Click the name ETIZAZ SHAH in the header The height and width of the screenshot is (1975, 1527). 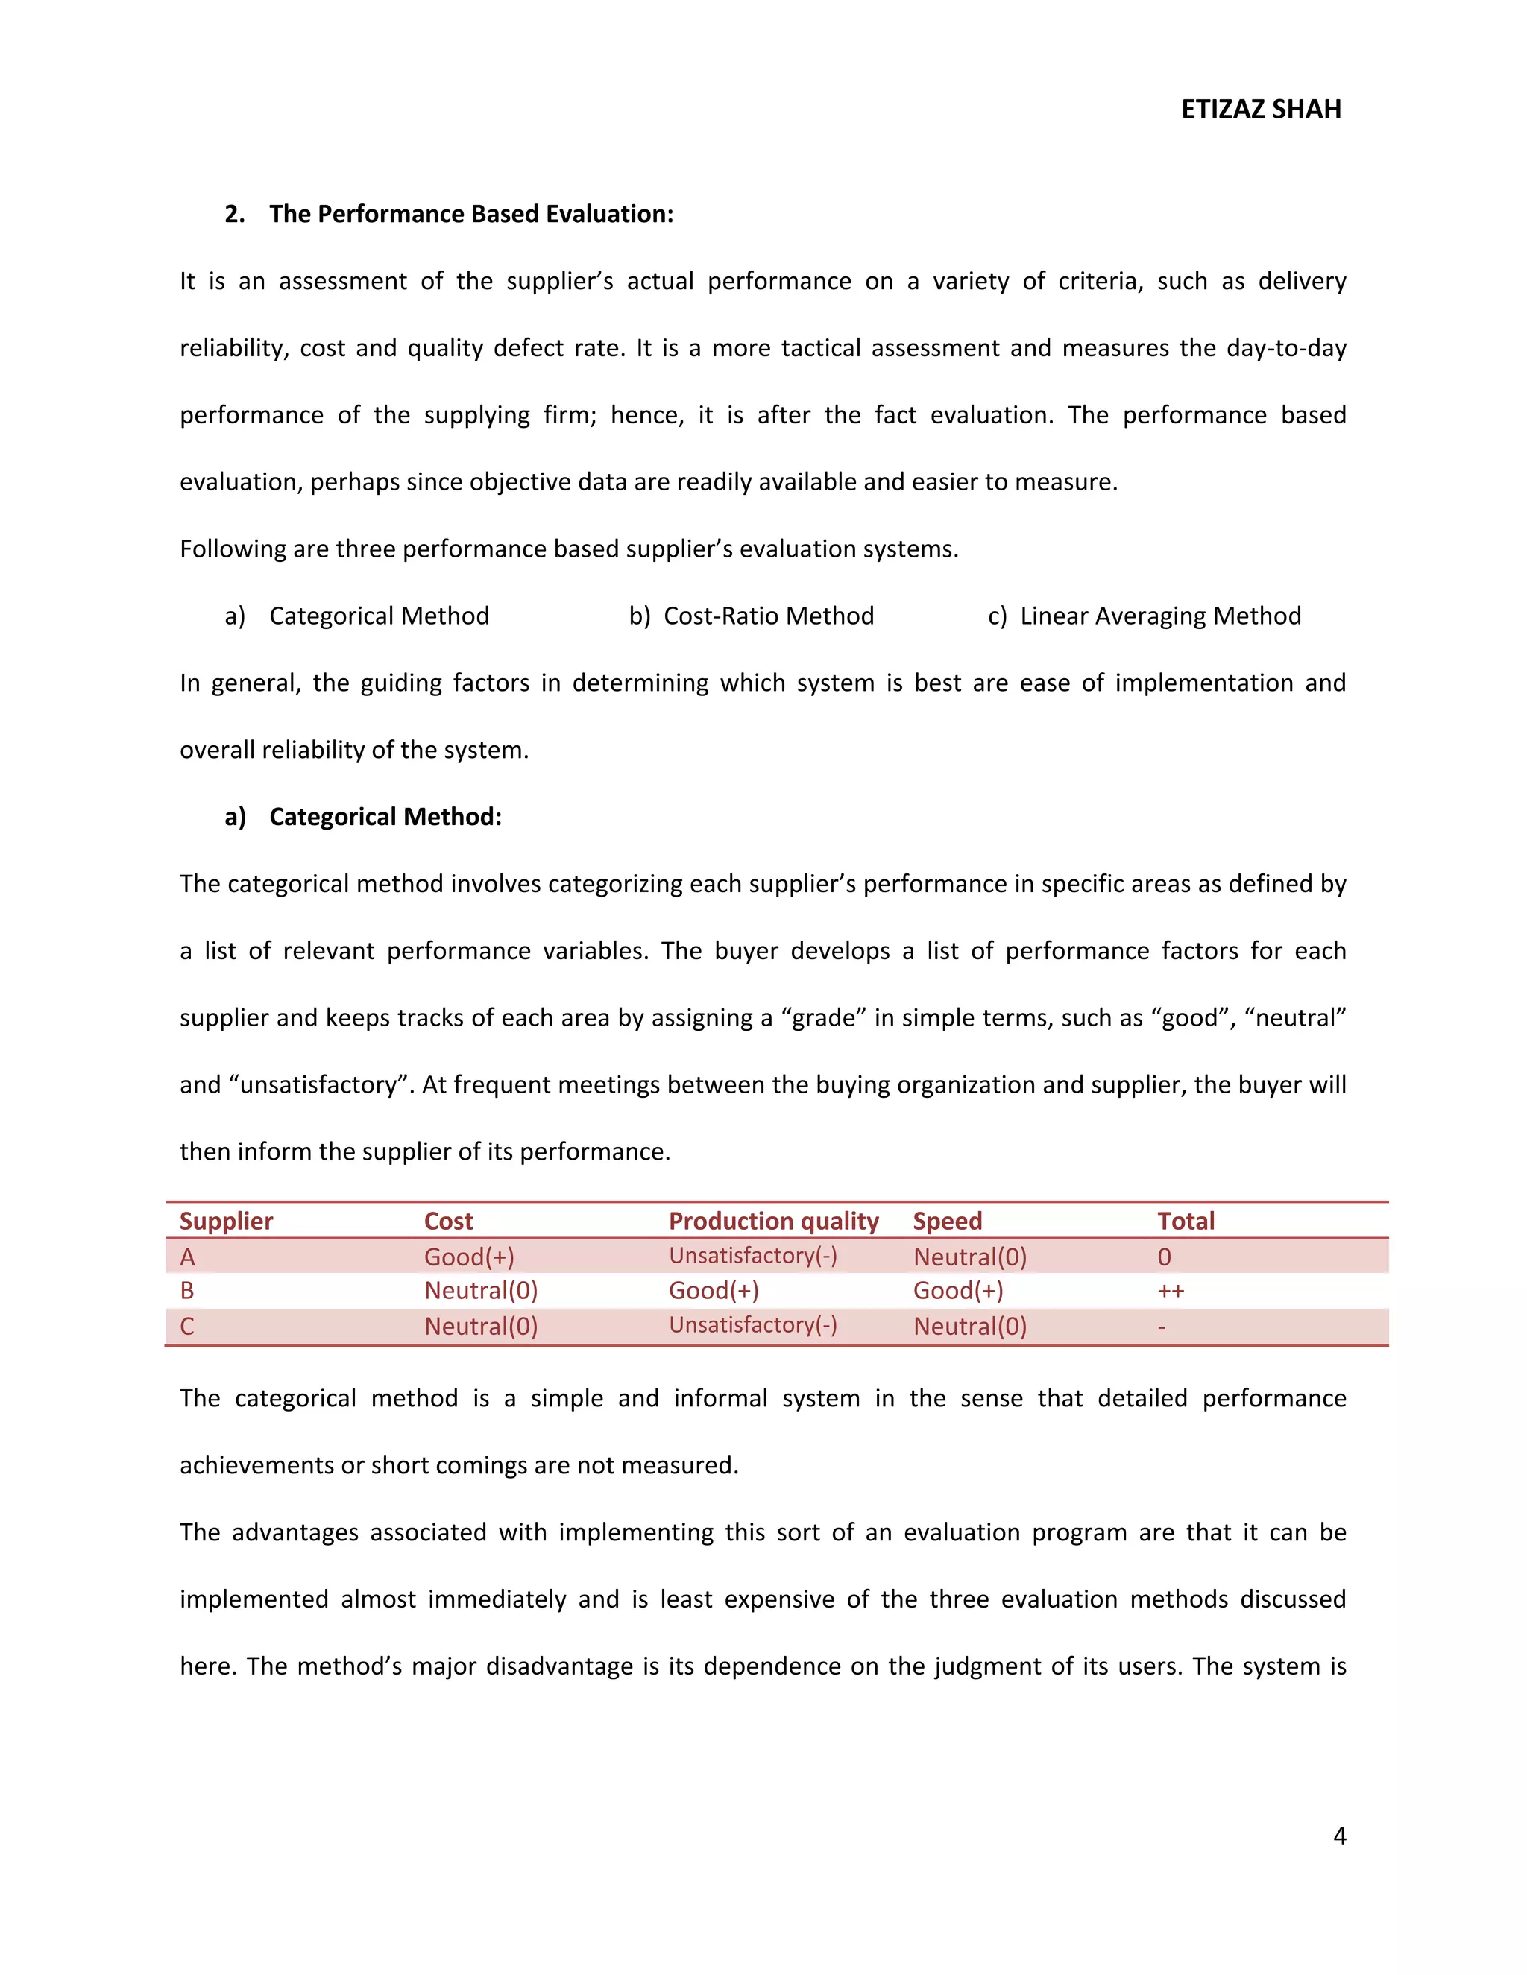point(1260,110)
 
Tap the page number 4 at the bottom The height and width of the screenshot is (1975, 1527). point(1339,1835)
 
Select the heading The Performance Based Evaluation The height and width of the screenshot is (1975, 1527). point(470,215)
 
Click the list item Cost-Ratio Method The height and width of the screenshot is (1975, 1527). point(768,616)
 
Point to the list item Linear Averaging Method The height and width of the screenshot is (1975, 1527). point(1159,616)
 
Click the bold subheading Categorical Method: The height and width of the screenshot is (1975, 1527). point(385,817)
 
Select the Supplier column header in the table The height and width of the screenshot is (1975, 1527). point(226,1221)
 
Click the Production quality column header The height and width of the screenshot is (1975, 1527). point(773,1221)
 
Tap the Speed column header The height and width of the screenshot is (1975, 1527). point(947,1221)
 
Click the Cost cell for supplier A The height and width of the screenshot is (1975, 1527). point(468,1257)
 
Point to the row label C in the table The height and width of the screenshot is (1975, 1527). point(187,1327)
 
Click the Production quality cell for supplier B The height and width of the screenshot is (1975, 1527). point(714,1290)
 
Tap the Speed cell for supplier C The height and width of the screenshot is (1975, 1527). point(970,1327)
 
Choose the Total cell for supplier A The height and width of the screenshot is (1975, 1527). point(1164,1257)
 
